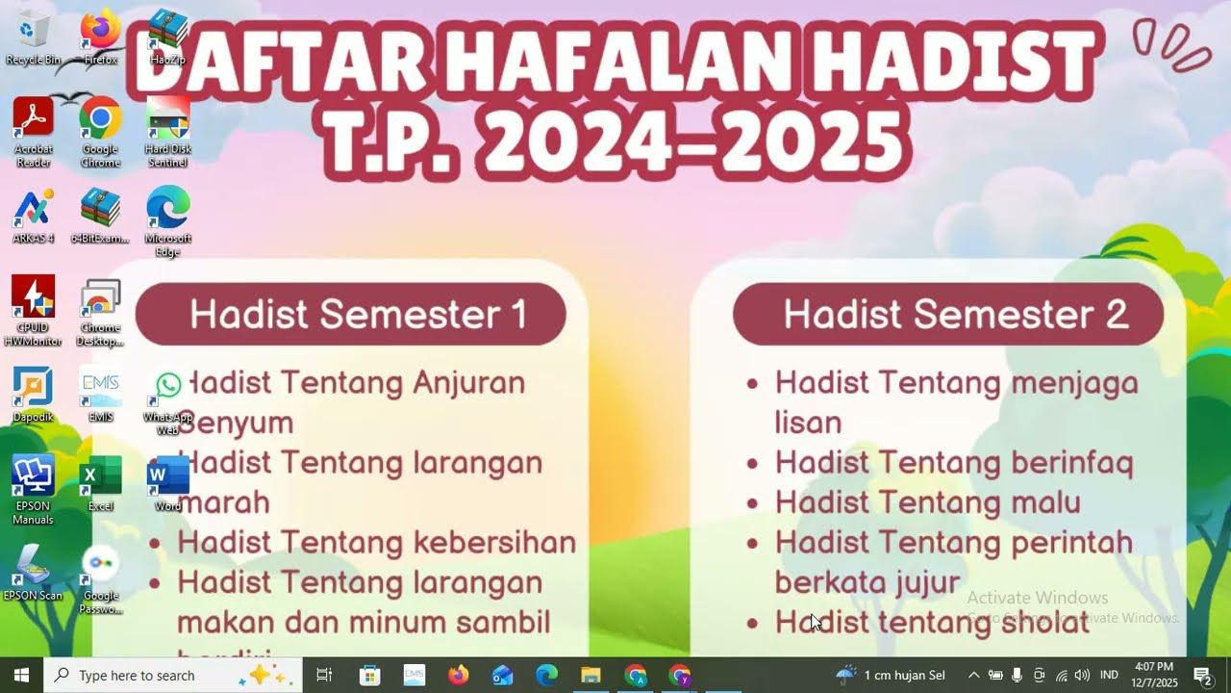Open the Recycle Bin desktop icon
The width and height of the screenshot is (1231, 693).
click(34, 33)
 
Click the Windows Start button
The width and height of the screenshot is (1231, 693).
click(21, 675)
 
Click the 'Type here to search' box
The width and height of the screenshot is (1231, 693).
click(154, 676)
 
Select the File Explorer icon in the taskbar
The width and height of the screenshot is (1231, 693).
click(590, 676)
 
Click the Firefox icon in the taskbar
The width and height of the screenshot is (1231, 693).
click(458, 676)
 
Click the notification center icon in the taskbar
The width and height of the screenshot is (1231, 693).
click(1202, 675)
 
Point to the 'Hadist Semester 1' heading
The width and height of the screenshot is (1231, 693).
click(358, 315)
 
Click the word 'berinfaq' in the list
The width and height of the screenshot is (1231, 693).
click(1071, 463)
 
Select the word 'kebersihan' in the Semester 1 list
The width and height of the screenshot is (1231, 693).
click(494, 543)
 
